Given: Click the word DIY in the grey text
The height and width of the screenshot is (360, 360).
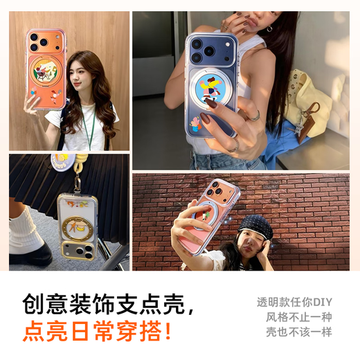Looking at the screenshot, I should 322,303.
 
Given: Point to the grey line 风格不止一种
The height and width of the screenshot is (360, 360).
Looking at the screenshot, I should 298,317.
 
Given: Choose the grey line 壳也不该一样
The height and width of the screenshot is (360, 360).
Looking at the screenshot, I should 298,332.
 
